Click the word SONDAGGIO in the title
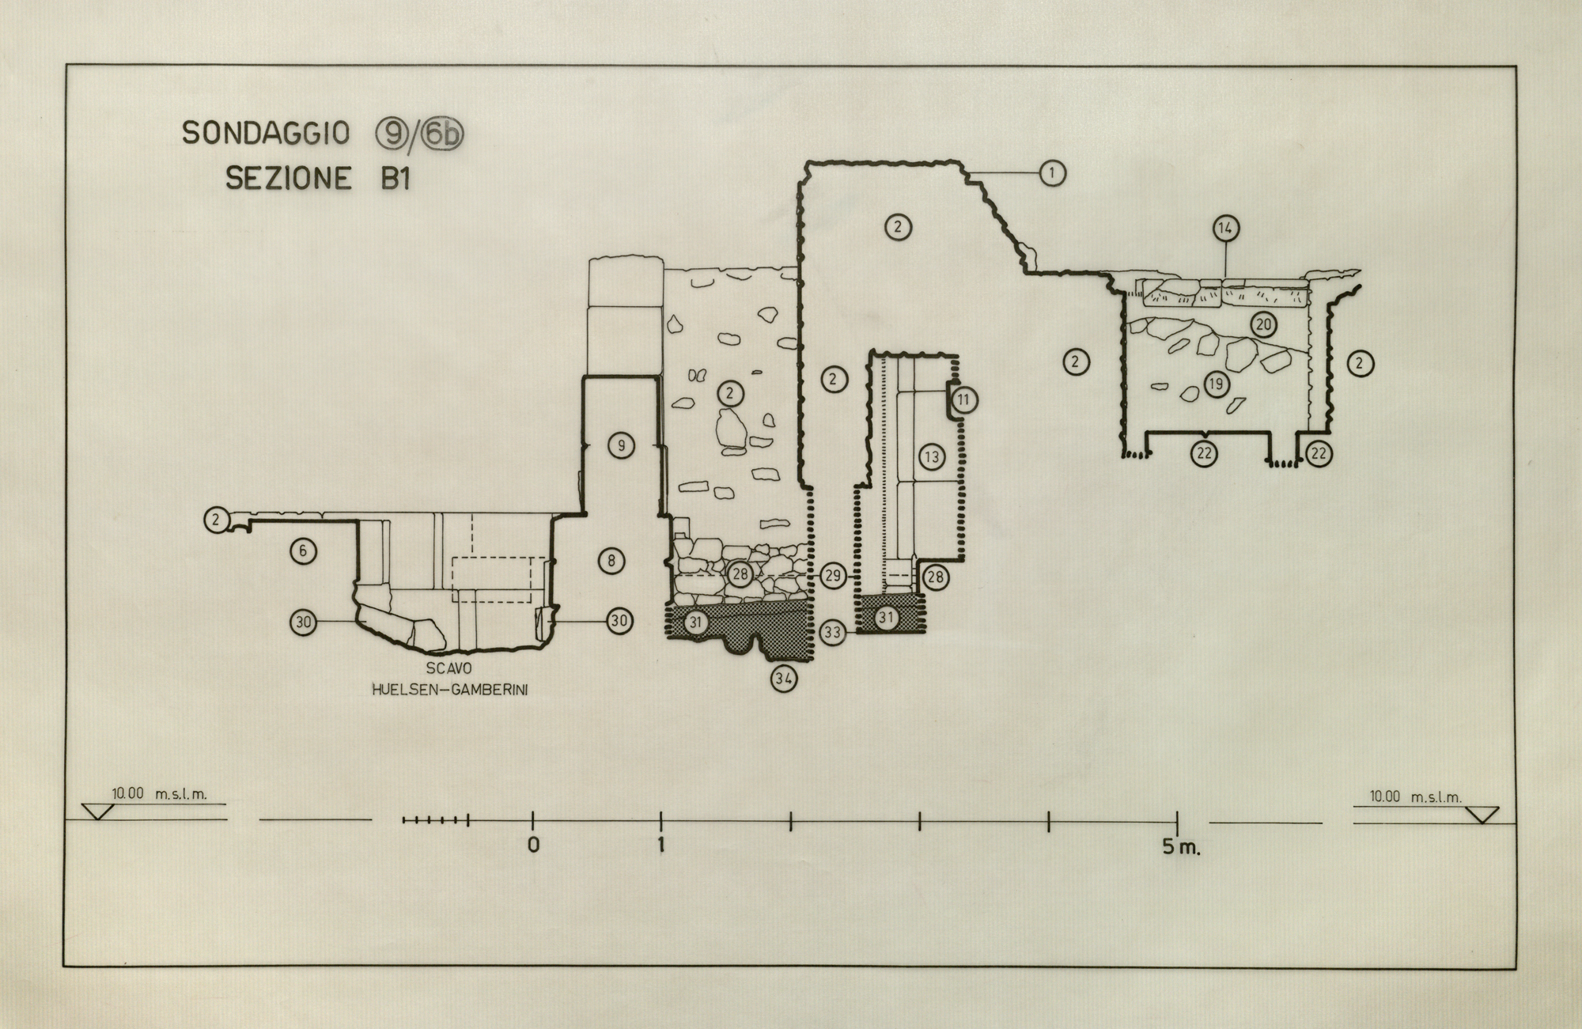click(266, 133)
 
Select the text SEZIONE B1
click(318, 179)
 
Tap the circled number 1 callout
click(1052, 172)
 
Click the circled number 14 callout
click(1225, 229)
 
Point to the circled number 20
click(1263, 324)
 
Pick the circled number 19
click(1217, 384)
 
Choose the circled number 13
click(932, 456)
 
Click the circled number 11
click(963, 399)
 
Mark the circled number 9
click(621, 446)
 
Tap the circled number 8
click(611, 562)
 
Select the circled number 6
click(303, 550)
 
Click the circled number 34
click(784, 678)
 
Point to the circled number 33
click(832, 633)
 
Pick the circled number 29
click(833, 576)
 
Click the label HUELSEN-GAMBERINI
click(450, 690)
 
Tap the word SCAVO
click(448, 669)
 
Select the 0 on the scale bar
click(533, 846)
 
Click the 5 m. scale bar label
click(1180, 848)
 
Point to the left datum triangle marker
click(98, 811)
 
